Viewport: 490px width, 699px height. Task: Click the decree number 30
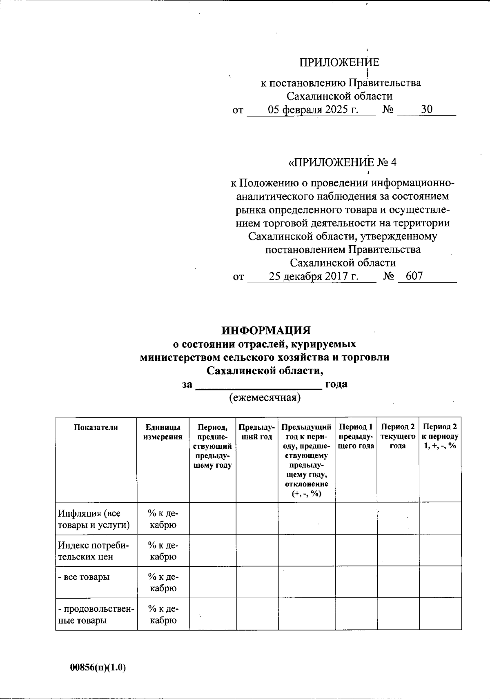click(427, 109)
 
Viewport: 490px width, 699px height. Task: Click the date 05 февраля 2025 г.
click(313, 109)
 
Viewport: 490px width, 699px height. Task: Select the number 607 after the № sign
click(414, 276)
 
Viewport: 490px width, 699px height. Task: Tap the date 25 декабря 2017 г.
click(314, 276)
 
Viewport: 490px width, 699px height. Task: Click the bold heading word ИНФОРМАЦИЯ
click(266, 330)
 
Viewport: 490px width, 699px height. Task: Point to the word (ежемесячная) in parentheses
click(265, 397)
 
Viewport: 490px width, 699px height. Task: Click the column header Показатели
click(96, 427)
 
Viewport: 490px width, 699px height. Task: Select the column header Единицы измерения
click(163, 432)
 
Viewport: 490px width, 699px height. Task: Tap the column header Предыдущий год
click(256, 432)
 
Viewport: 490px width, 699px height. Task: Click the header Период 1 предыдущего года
click(356, 436)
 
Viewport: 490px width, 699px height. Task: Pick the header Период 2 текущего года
click(398, 436)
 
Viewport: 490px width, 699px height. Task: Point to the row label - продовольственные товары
click(96, 615)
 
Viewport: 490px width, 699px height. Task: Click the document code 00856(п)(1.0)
click(98, 668)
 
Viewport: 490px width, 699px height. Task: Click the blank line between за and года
click(259, 385)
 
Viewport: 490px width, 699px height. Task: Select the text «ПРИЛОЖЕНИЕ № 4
click(342, 162)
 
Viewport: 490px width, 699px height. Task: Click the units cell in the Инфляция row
click(163, 519)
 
